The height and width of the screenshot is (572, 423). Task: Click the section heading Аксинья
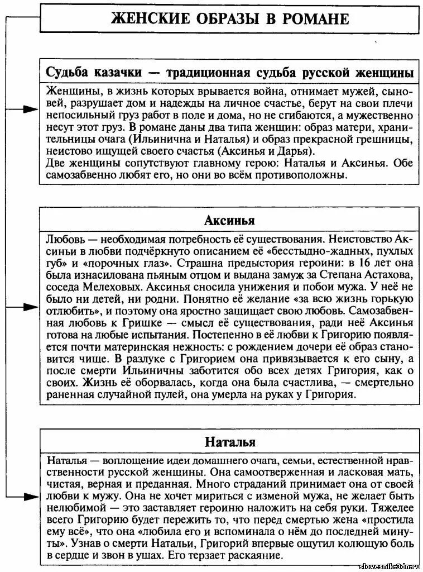click(x=229, y=217)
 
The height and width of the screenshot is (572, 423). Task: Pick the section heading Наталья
click(x=229, y=442)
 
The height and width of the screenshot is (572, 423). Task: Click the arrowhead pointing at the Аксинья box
click(x=31, y=307)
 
